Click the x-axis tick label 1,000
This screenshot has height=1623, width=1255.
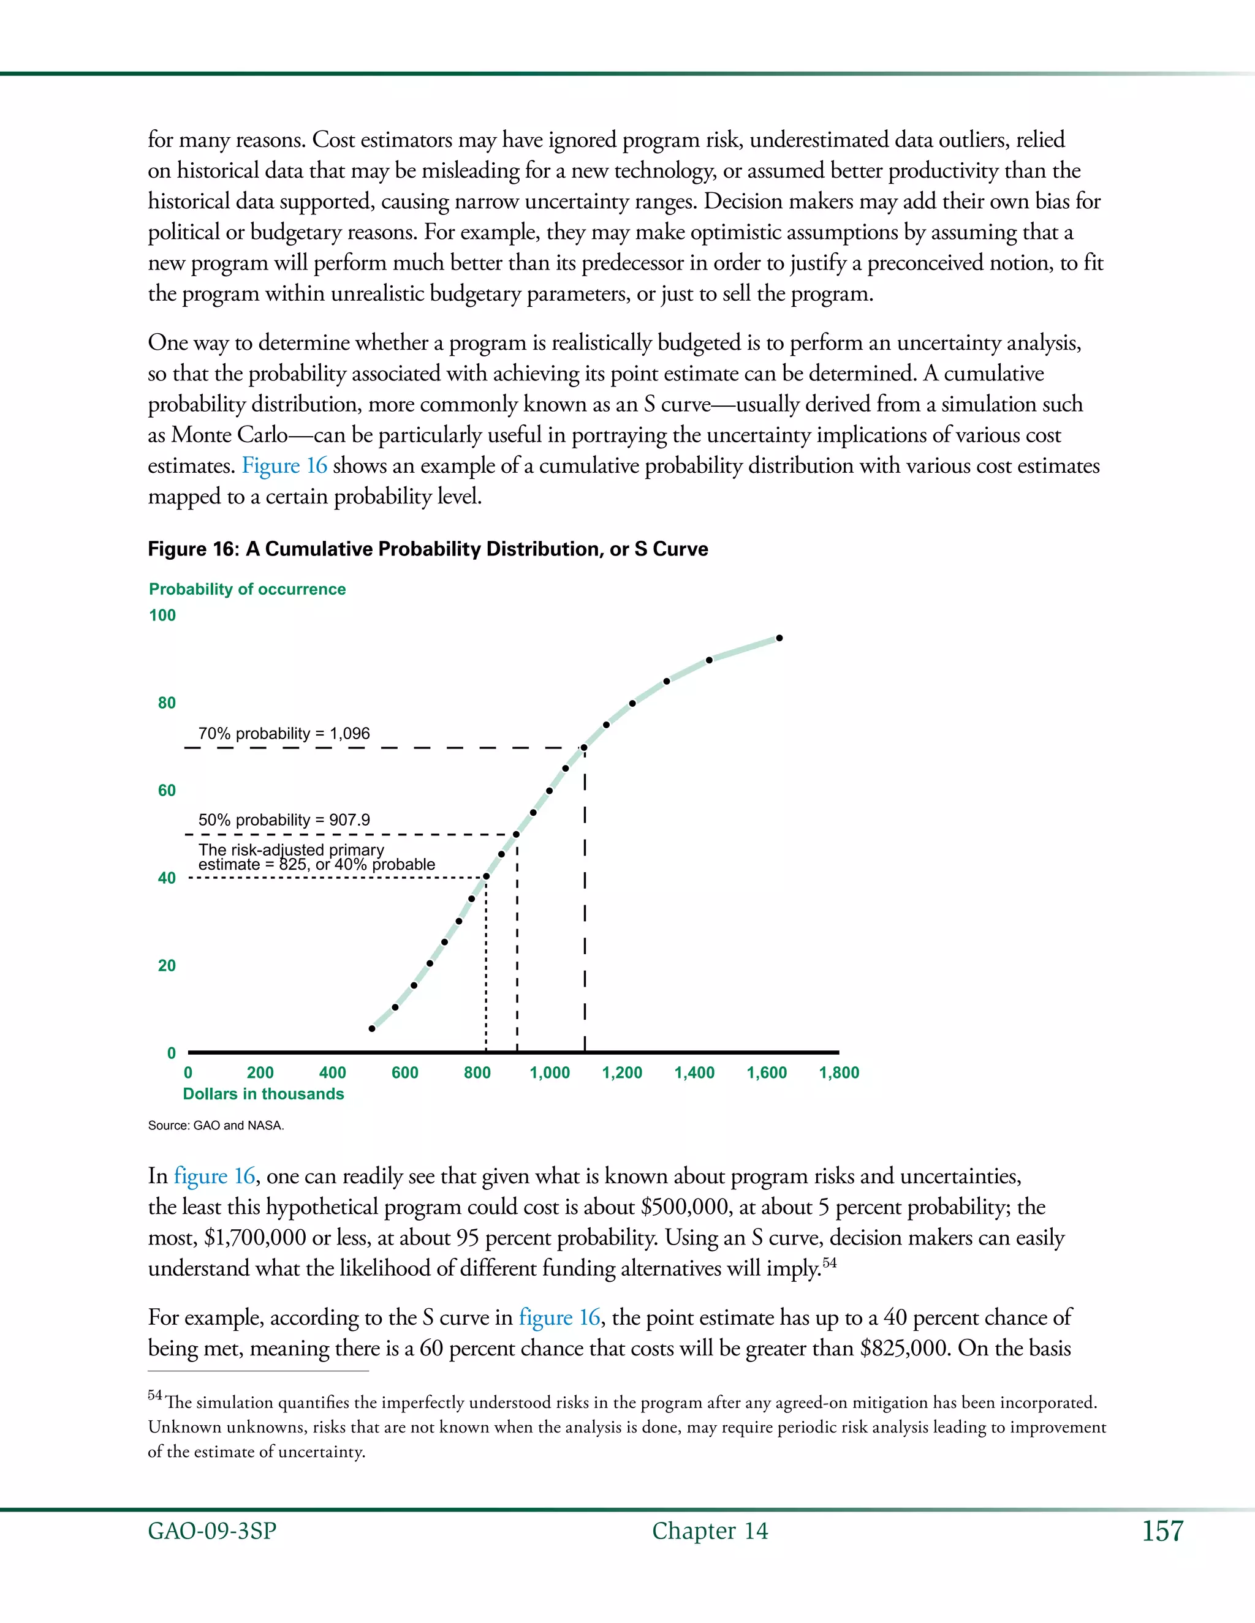(550, 1072)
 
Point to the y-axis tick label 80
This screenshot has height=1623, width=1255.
(167, 703)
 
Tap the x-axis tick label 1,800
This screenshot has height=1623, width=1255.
(839, 1072)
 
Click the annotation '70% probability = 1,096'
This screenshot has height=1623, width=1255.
(283, 734)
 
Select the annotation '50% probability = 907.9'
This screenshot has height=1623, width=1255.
(283, 819)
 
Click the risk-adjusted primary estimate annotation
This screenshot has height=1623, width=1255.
(316, 857)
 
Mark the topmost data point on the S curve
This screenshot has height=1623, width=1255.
(779, 638)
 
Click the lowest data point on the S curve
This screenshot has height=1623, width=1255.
(373, 1028)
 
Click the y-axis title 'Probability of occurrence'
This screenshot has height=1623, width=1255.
(247, 589)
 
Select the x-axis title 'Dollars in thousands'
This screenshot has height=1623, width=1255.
(263, 1094)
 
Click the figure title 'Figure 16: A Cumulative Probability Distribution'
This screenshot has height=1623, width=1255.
(428, 549)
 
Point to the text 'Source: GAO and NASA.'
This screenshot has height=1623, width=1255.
(216, 1125)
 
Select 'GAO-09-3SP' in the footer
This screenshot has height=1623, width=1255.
(212, 1531)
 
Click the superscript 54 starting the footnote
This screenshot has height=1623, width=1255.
(154, 1395)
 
